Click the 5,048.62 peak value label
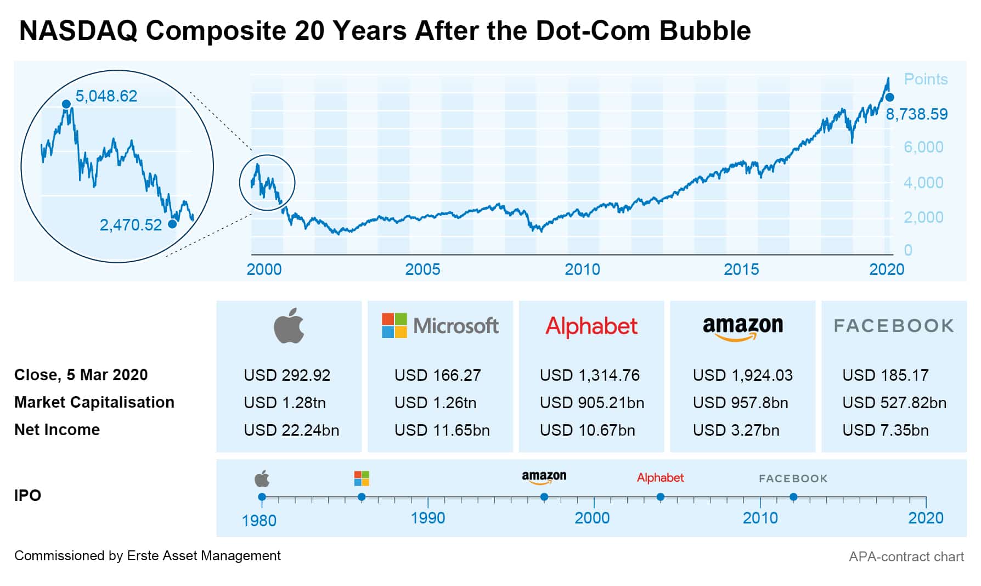(x=106, y=96)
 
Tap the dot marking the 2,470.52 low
(x=172, y=224)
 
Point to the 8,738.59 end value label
(x=917, y=114)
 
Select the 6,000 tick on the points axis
(x=923, y=147)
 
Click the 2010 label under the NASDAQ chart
(x=582, y=269)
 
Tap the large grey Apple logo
(x=289, y=326)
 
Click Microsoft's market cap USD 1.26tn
(x=435, y=403)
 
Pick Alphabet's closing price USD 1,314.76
(x=589, y=375)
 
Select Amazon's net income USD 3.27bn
(x=736, y=430)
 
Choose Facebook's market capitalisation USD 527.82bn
(x=894, y=403)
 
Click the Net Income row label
(x=57, y=430)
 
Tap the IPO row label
(x=27, y=495)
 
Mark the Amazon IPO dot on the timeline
(x=544, y=497)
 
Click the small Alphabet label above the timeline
(x=660, y=478)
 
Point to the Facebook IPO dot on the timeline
(x=793, y=497)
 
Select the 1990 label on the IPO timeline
(x=428, y=518)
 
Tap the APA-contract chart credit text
(x=906, y=557)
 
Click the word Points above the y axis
(x=926, y=79)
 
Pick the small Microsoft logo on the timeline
(x=362, y=478)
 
